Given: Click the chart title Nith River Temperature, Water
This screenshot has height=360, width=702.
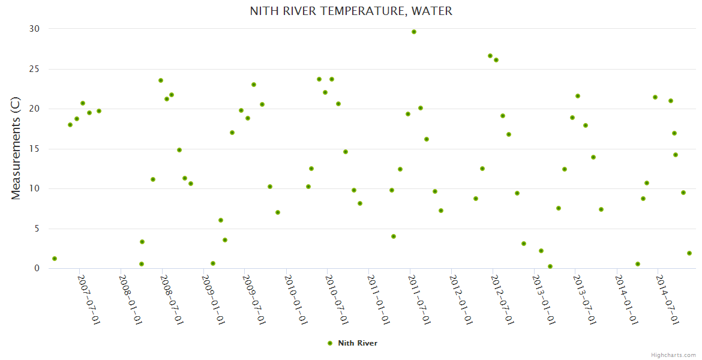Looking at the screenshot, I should point(351,11).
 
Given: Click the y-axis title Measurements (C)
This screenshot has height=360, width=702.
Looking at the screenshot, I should point(16,149).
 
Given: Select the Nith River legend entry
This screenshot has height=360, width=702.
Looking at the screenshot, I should point(357,343).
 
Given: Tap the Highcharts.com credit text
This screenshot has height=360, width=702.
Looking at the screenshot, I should point(673,355).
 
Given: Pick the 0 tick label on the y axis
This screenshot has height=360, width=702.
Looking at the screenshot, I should point(37,269).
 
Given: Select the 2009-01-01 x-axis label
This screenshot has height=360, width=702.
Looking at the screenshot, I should point(213,299).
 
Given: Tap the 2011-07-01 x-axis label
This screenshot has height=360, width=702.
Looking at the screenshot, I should point(418,299).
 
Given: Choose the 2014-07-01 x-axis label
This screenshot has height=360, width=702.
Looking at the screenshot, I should point(667,299).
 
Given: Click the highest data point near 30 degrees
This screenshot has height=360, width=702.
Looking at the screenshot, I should point(414,32).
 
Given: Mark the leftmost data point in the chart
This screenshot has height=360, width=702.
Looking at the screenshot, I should point(55,259).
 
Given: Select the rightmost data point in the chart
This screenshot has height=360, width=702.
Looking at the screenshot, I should point(689,253).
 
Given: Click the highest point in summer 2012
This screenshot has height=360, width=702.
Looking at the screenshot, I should point(490,56).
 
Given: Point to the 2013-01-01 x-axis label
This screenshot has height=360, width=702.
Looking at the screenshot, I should point(542,299).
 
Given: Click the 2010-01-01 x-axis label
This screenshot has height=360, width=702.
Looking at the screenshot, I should point(295,299).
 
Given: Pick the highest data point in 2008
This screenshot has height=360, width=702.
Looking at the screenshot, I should point(161,80).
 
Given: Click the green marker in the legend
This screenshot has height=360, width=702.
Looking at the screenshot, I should point(329,343).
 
